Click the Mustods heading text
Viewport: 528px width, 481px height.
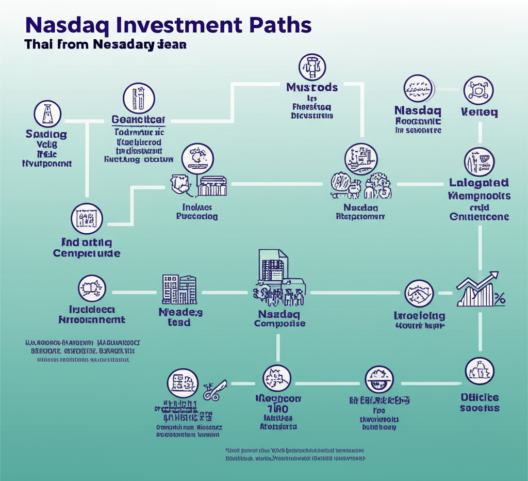(312, 87)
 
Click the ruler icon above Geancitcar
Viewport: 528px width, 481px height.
(138, 98)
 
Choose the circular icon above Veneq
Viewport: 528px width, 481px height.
(479, 90)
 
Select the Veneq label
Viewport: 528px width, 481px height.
(480, 111)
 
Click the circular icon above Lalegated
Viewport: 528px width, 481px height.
(479, 162)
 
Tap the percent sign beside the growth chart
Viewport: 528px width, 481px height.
(500, 298)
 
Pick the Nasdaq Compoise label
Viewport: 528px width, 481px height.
(280, 318)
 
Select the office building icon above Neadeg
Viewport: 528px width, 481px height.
(179, 289)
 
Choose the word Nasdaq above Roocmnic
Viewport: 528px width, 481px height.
(417, 110)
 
